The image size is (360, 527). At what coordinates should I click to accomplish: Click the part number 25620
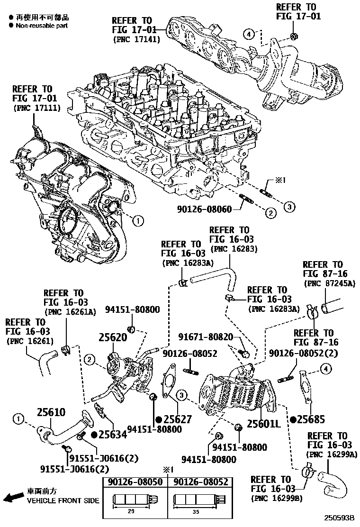coord(114,337)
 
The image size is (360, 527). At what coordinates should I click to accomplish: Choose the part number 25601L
coord(264,423)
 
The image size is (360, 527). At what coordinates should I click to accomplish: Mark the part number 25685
coord(313,419)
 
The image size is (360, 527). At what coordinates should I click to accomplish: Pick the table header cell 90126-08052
coord(201,482)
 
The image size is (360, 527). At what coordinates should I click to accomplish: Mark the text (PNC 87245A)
coord(329,283)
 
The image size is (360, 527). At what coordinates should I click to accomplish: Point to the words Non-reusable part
coord(42,26)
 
